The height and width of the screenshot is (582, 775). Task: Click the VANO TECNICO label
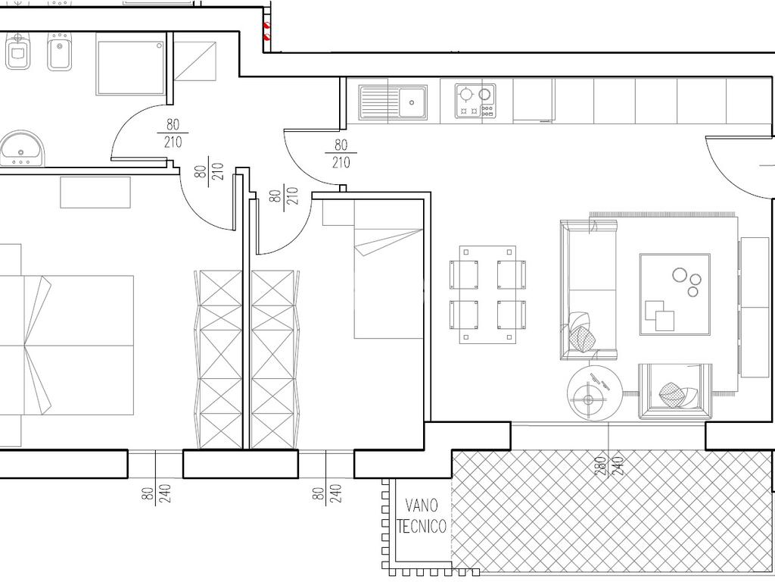pos(421,515)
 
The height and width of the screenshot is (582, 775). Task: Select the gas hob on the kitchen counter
pos(475,101)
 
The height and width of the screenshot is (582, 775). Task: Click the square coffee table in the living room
pos(674,295)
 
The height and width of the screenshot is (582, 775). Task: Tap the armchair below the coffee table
pos(674,391)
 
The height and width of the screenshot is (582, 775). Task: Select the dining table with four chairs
pos(487,295)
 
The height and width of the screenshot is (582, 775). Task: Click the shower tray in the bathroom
pos(131,67)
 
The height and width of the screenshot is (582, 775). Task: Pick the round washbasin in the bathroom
pos(22,149)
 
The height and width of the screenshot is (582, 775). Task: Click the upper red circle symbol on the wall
pos(267,23)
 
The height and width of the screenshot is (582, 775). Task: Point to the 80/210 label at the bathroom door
pos(173,133)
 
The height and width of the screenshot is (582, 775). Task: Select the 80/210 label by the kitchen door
pos(341,154)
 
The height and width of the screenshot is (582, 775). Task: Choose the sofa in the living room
pos(589,290)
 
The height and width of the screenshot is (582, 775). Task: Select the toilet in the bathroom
pos(17,52)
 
